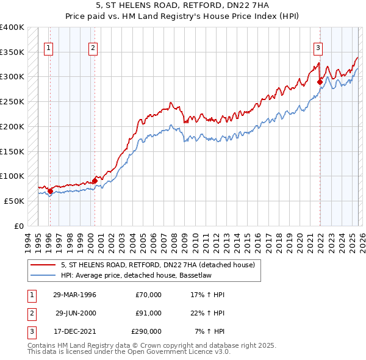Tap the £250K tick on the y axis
12,101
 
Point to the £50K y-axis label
14,201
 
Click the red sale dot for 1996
50,191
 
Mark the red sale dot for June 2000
95,181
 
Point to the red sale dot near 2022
320,82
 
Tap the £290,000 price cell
147,331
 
